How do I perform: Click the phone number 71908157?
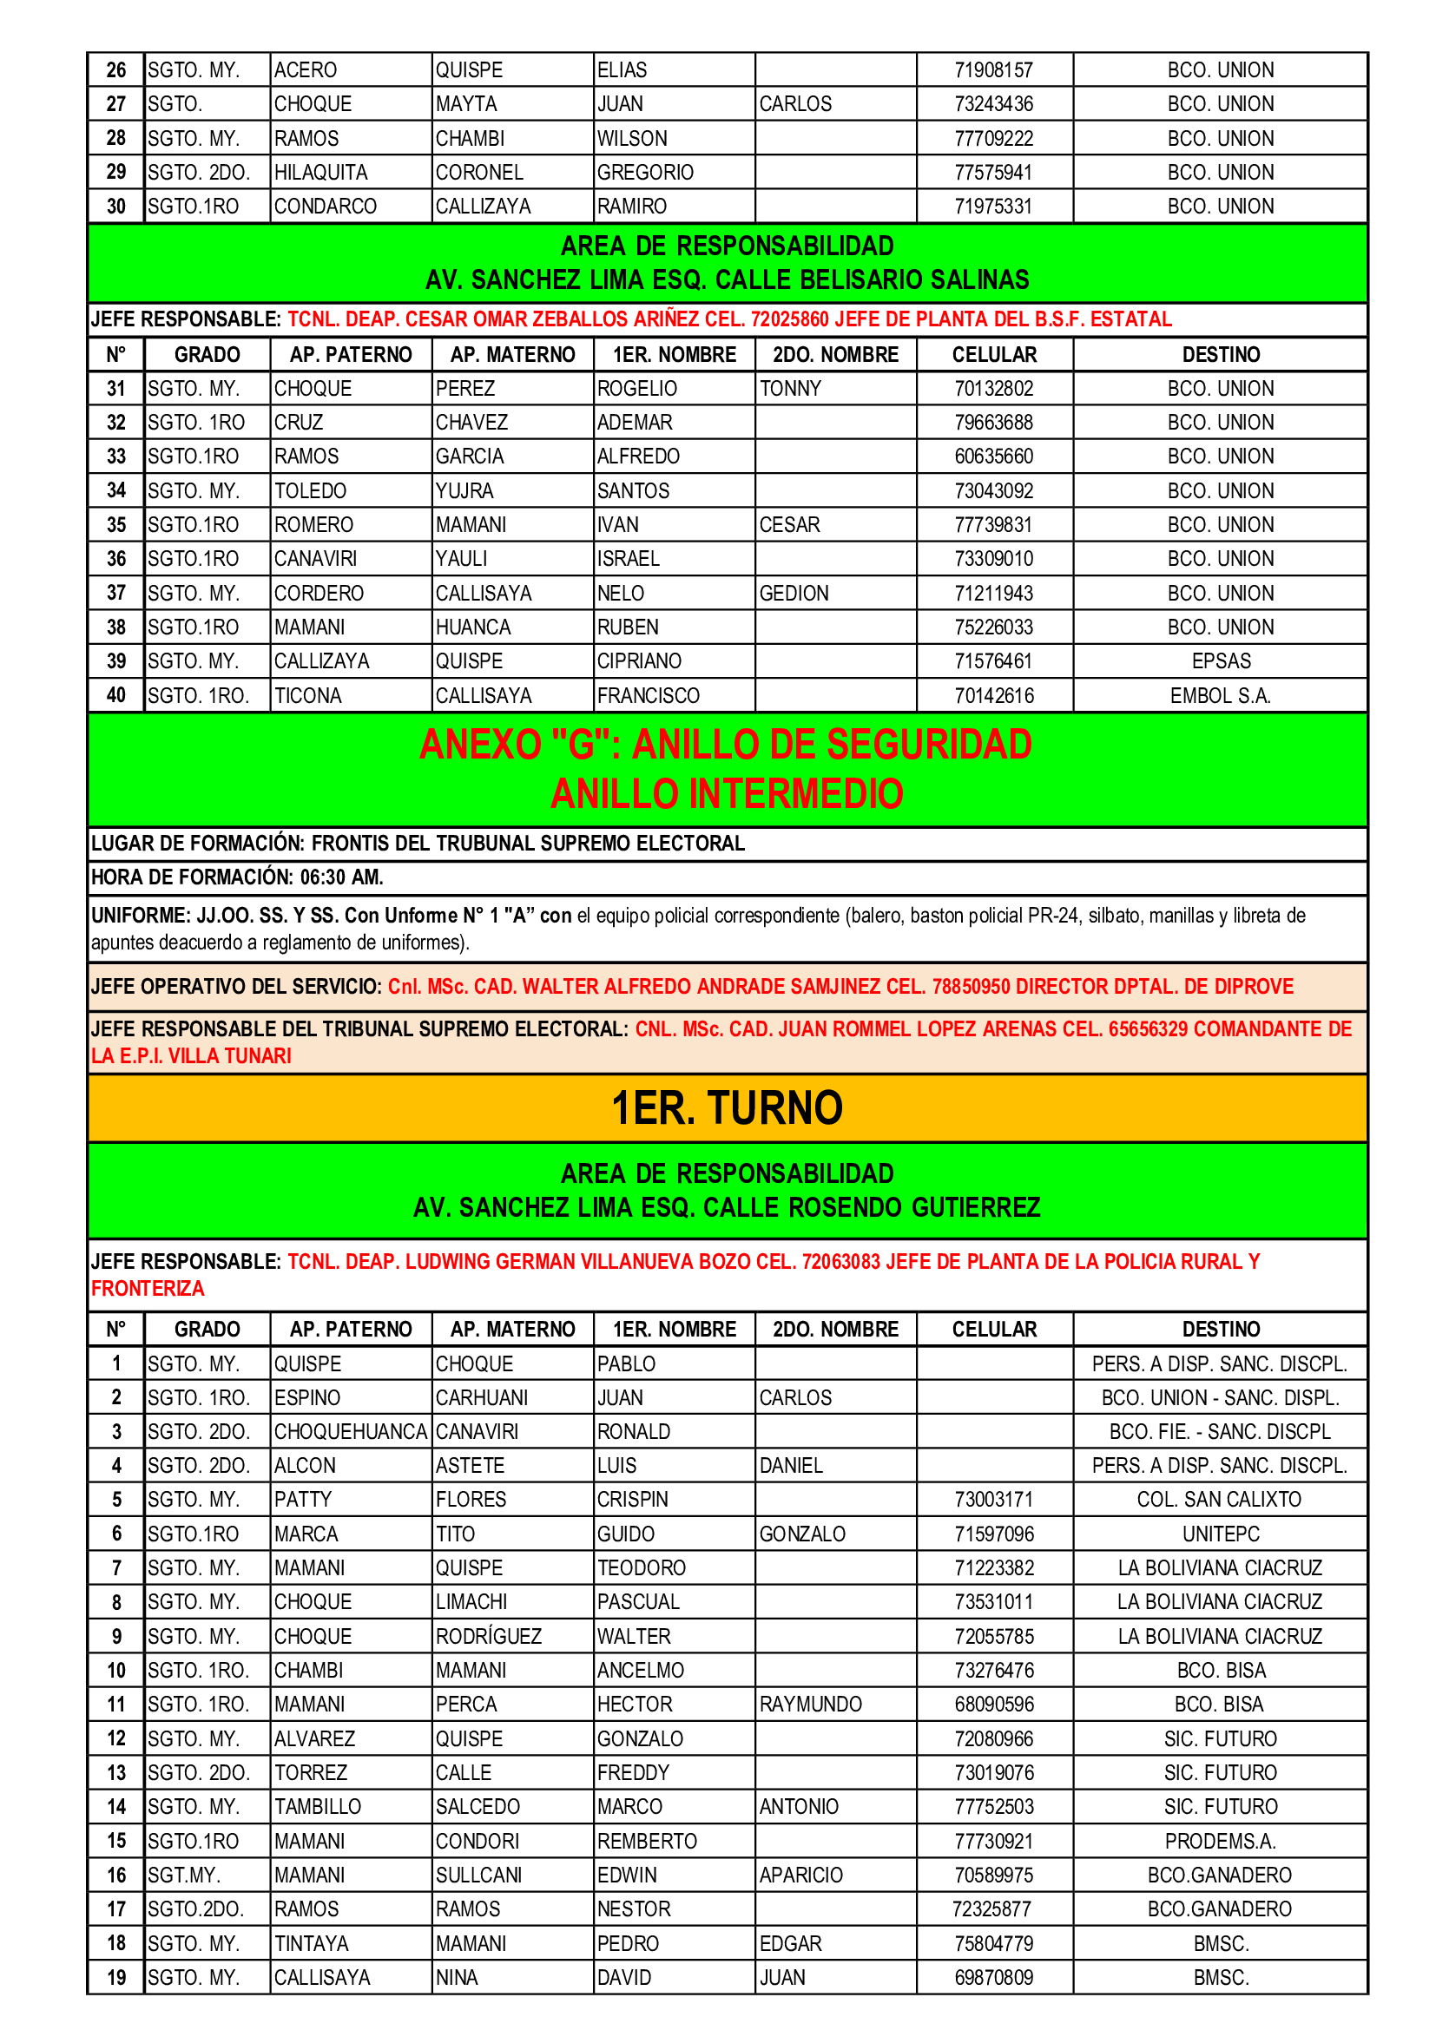tap(993, 69)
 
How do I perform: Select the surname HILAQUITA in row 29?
tap(320, 173)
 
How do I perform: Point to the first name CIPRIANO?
tap(638, 661)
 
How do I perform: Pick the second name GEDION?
tap(794, 594)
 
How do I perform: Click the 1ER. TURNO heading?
tap(727, 1107)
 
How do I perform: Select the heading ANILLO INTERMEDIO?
tap(727, 793)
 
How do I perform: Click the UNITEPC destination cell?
tap(1220, 1534)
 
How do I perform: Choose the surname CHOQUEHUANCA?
tap(350, 1431)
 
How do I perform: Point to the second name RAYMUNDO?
tap(810, 1704)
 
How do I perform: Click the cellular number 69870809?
tap(993, 1978)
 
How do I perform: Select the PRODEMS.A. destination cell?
tap(1219, 1841)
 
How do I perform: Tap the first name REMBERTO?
tap(647, 1841)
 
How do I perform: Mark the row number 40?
tap(115, 696)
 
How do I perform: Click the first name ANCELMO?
tap(640, 1670)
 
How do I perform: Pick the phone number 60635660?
tap(993, 457)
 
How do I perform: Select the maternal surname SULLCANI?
tap(478, 1876)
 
